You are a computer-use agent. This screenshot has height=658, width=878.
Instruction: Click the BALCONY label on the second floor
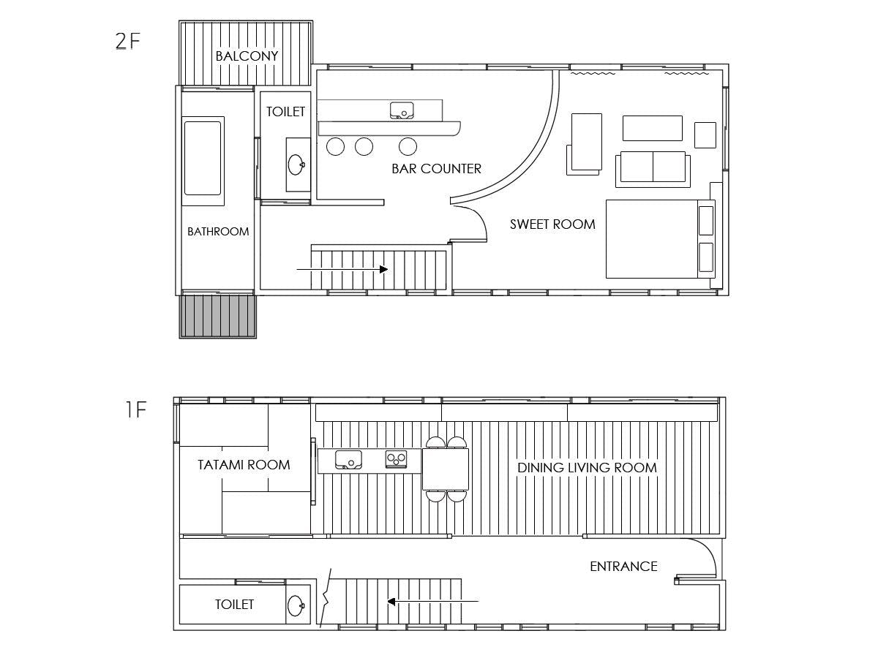tap(247, 56)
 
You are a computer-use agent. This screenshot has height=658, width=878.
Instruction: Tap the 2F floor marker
tap(127, 41)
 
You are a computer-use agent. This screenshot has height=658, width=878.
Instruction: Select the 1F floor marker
tap(136, 409)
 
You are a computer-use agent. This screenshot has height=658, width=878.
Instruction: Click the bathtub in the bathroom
tap(203, 162)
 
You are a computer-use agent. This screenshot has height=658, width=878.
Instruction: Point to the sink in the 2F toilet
tap(296, 164)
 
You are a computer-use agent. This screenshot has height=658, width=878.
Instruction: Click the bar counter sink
tap(402, 110)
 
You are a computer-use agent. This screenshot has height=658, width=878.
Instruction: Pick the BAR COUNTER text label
tap(436, 169)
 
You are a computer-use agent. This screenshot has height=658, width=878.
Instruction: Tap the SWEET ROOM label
tap(552, 224)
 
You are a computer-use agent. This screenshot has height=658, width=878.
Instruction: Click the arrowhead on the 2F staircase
tap(383, 269)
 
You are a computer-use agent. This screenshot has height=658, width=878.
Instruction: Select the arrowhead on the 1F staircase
tap(391, 601)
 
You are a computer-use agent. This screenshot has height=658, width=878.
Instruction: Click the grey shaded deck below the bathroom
tap(217, 316)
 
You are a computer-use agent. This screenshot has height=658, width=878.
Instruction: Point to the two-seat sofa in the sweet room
tap(653, 169)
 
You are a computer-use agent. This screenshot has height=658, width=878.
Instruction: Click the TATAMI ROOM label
tap(244, 465)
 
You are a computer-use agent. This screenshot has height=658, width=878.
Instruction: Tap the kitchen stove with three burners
tap(396, 459)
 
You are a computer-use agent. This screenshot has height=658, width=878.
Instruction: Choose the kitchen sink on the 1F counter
tap(348, 459)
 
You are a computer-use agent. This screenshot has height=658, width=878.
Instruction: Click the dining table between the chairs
tap(446, 469)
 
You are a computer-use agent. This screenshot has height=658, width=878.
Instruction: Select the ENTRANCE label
tap(623, 566)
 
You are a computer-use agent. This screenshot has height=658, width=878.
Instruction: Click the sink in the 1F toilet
tap(296, 605)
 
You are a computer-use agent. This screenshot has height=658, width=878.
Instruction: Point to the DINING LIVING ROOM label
tap(588, 467)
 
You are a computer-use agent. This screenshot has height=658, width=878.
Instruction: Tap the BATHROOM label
tap(218, 231)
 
